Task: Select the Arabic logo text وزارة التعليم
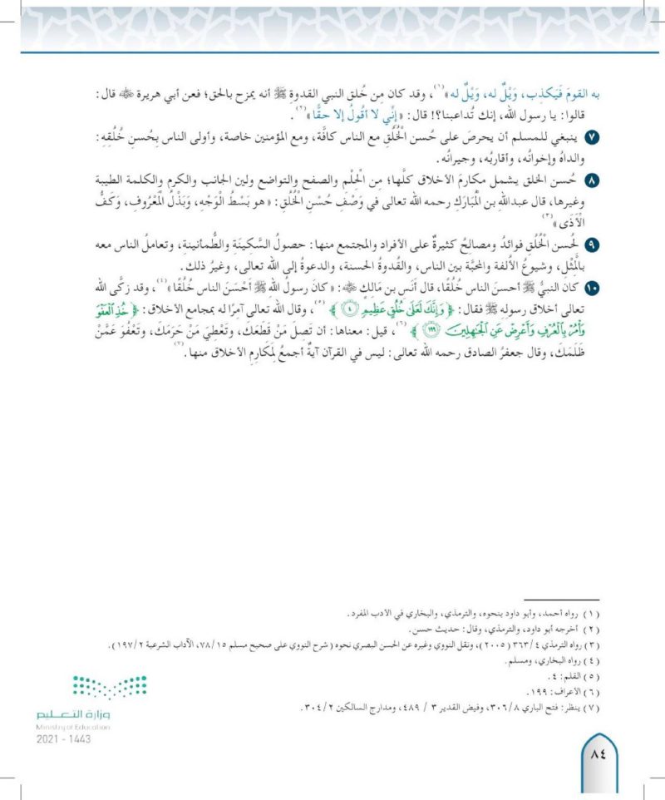coord(73,714)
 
